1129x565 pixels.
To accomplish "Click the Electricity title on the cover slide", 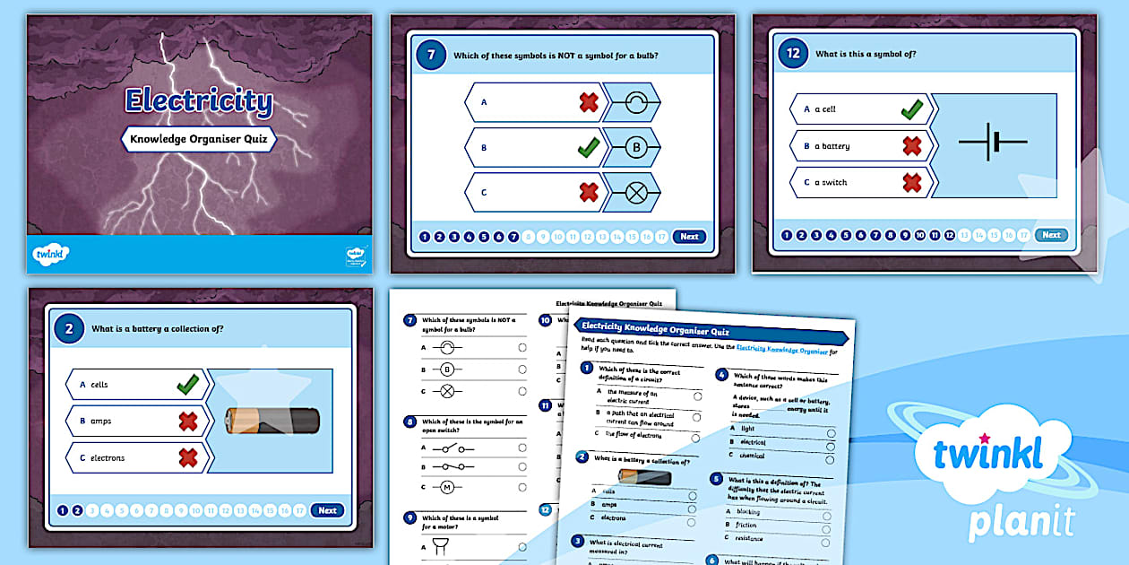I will (x=198, y=101).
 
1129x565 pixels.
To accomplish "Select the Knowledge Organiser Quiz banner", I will (x=198, y=139).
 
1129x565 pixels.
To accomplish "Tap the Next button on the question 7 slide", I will (x=688, y=237).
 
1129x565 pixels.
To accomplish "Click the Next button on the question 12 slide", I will (x=1051, y=235).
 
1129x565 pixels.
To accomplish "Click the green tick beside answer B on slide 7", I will (x=588, y=146).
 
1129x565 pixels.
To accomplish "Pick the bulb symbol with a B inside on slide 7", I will (x=633, y=146).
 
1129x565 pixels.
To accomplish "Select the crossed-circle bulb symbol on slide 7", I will (x=633, y=191).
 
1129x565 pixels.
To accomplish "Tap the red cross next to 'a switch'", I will (x=911, y=182).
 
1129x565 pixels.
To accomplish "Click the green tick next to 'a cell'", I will (x=911, y=109).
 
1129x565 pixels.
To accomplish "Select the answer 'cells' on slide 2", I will (x=99, y=385).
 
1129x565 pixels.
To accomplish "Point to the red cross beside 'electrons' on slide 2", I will (x=187, y=457).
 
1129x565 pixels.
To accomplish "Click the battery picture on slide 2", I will (x=271, y=420).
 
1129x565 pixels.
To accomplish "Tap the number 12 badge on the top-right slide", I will (x=792, y=55).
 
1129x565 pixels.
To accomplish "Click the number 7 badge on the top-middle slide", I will (x=431, y=55).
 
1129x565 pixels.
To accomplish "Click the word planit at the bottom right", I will (x=1021, y=520).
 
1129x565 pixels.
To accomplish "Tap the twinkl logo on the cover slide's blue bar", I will (x=52, y=255).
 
